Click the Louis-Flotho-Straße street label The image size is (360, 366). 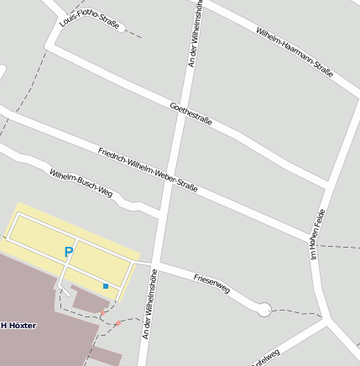(x=89, y=18)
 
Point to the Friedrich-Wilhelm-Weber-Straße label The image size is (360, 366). (x=148, y=170)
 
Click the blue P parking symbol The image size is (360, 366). (x=69, y=251)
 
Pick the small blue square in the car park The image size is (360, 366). (x=106, y=286)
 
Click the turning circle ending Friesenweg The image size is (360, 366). (x=263, y=310)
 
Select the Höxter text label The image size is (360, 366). (x=18, y=325)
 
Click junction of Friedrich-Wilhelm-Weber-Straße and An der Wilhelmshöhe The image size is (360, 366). (x=170, y=165)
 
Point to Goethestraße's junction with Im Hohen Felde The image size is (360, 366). (x=327, y=185)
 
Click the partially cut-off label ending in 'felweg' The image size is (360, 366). (x=265, y=357)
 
